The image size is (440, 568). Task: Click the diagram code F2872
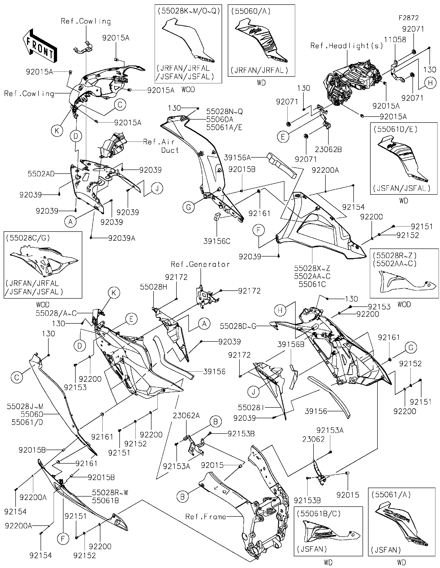409,18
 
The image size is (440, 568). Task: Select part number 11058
395,40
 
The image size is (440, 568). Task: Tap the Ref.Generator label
200,264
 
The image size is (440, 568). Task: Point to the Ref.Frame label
206,516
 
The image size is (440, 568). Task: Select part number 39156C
217,241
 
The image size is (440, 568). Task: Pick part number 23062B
328,150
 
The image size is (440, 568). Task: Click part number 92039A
122,238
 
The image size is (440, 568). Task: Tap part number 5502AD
41,174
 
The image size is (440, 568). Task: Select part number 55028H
154,287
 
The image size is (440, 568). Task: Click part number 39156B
291,344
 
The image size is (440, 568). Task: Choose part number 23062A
186,416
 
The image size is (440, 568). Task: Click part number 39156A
237,157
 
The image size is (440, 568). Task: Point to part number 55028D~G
238,326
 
